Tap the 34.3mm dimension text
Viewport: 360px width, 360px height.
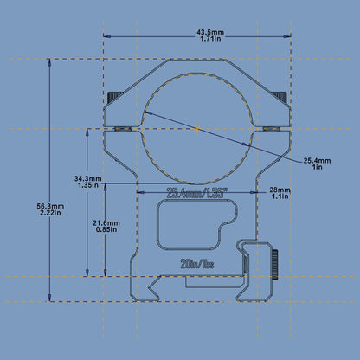(87, 178)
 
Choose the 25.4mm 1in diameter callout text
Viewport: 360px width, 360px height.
(318, 161)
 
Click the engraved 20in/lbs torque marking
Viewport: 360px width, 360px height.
(198, 263)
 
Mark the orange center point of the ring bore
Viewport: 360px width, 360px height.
(198, 129)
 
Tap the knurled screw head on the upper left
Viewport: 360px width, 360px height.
(112, 100)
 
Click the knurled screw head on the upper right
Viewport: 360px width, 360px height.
(282, 100)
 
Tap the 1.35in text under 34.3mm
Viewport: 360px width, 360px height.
(87, 186)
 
